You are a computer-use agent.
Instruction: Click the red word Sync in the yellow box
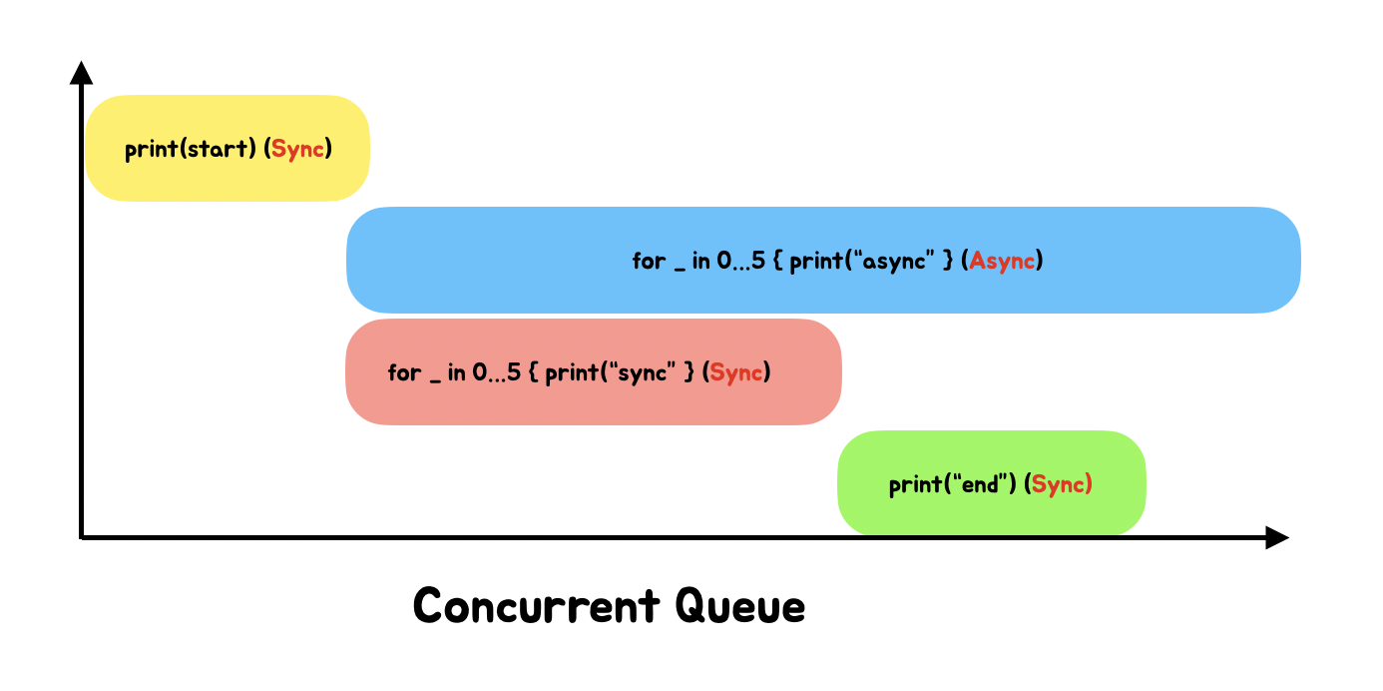[x=298, y=150]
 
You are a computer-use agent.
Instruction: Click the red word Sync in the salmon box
[x=737, y=373]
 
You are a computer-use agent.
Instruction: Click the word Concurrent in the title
[x=537, y=606]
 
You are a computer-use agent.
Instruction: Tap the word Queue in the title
[x=739, y=606]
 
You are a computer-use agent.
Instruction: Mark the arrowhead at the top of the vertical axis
[x=82, y=72]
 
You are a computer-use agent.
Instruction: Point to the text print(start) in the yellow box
[x=191, y=150]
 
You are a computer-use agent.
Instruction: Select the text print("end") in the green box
[x=952, y=485]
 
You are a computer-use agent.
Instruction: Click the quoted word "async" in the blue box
[x=899, y=262]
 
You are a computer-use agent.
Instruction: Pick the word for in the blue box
[x=649, y=262]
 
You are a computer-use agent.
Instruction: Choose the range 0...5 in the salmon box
[x=496, y=373]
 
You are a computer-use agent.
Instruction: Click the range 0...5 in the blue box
[x=740, y=262]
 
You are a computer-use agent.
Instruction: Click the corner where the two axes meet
[x=82, y=537]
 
